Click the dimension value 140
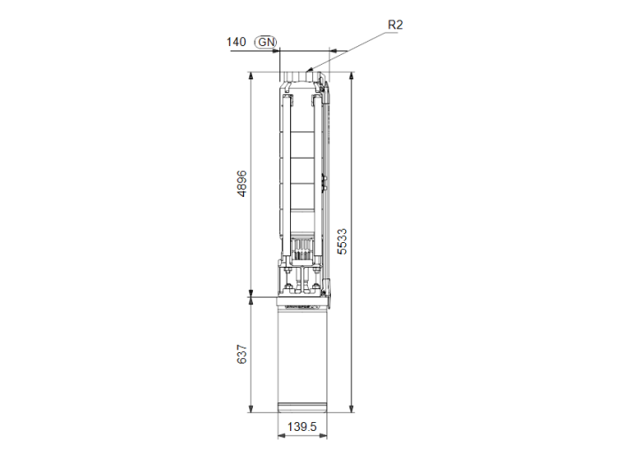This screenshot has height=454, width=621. coord(236,42)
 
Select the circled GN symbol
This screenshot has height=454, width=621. coord(265,42)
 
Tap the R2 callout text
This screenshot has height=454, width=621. coord(395,25)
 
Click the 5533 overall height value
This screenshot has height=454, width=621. coord(342,241)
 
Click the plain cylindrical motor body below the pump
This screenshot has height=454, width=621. coord(303,359)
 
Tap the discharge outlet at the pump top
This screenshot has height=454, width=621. coord(303,80)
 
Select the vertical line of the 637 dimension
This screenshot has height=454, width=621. coord(251,355)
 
